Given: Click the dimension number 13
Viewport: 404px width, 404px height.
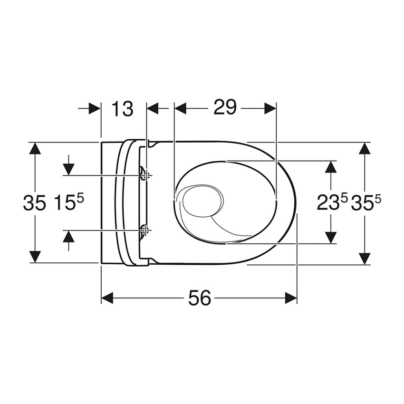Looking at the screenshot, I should tap(123, 108).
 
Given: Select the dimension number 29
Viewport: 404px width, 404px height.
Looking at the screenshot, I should tap(225, 108).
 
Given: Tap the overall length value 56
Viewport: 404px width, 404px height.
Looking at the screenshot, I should tap(199, 298).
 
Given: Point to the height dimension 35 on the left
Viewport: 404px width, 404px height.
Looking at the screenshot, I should tap(35, 203).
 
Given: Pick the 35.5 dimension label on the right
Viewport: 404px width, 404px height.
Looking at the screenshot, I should tap(366, 203).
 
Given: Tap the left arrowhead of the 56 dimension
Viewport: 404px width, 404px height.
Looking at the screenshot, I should tap(107, 298).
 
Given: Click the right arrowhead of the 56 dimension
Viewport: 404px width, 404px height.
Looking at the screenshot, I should tap(290, 298).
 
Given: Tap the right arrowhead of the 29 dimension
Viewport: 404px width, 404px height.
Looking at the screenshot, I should tap(270, 108).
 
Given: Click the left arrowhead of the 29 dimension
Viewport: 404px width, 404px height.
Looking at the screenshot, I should tap(181, 108).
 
